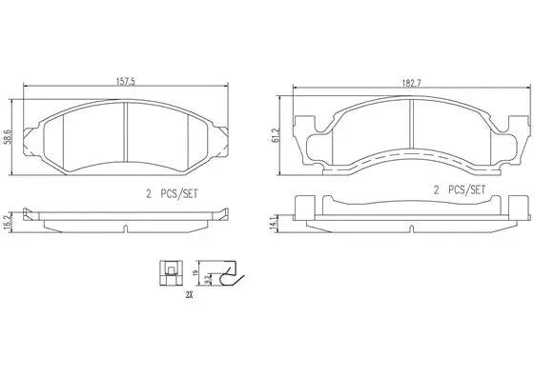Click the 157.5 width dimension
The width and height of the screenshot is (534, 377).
(128, 83)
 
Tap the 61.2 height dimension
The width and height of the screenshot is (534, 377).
(277, 134)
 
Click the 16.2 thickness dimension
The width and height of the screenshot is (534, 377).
(9, 222)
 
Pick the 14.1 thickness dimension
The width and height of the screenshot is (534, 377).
(277, 221)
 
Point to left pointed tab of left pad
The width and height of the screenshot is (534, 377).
(34, 129)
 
